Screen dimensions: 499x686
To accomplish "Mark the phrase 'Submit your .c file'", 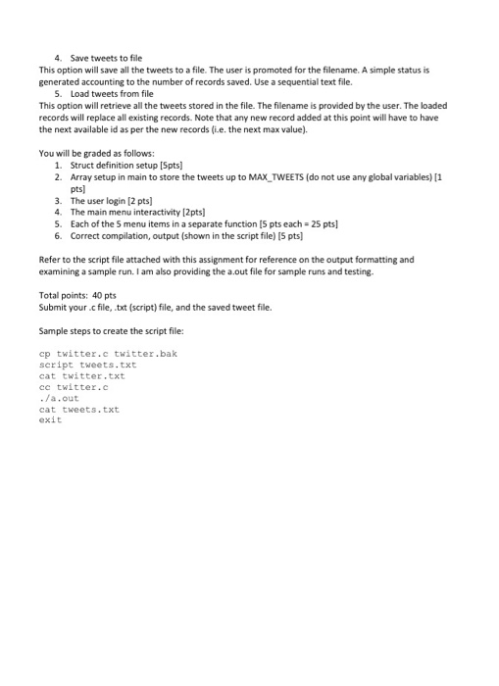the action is click(77, 307).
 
